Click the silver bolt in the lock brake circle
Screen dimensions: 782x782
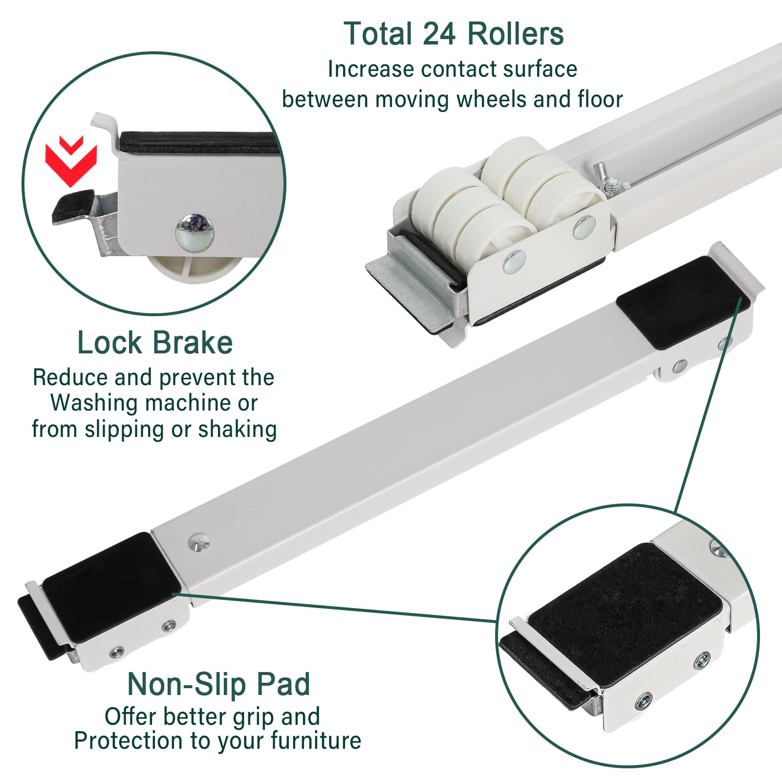click(194, 230)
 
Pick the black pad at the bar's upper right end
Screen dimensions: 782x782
click(683, 303)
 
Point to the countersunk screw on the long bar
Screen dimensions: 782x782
click(198, 542)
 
